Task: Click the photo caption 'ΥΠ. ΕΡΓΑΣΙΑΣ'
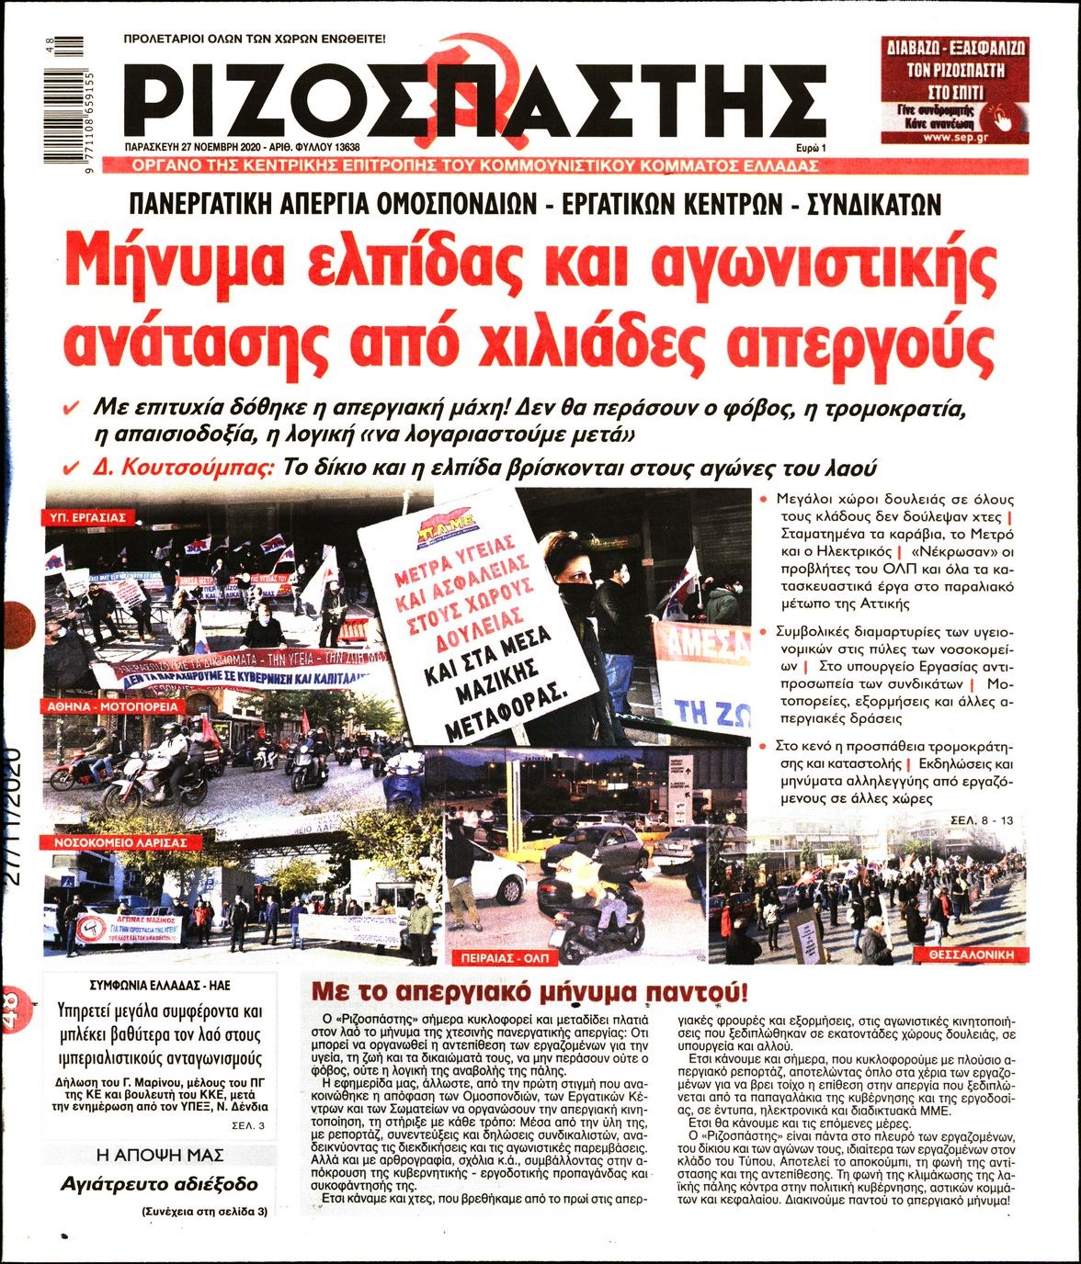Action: point(88,518)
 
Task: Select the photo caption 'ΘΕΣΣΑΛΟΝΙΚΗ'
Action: point(976,955)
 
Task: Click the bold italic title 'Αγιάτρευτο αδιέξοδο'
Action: point(159,1184)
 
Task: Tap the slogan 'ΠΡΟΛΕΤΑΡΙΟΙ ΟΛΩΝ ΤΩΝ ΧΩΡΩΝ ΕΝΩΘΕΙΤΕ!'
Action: point(255,39)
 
